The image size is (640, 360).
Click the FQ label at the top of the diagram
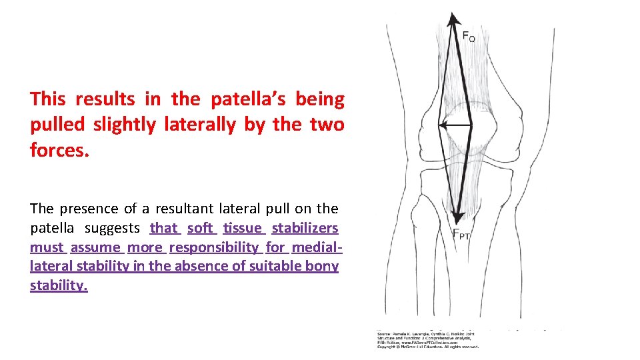click(x=469, y=36)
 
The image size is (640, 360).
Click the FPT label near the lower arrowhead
click(x=463, y=234)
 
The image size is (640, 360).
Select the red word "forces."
click(x=59, y=150)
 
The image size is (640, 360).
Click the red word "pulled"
click(x=59, y=125)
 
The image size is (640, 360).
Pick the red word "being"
click(x=319, y=99)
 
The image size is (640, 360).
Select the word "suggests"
click(x=113, y=228)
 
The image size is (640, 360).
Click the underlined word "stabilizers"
click(x=305, y=228)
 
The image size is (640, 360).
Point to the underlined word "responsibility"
click(x=213, y=247)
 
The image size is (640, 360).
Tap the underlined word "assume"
click(x=95, y=247)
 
